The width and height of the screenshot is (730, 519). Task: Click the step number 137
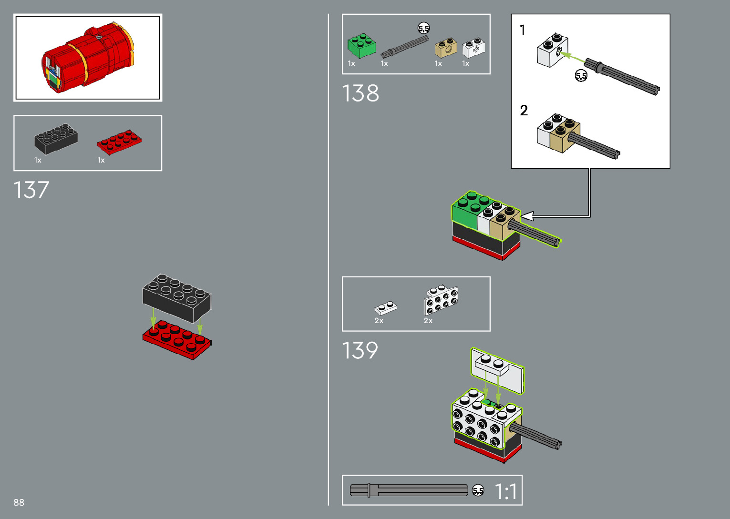pos(31,190)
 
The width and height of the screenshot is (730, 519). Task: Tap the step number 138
pos(360,93)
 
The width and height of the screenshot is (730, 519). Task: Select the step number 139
pos(360,351)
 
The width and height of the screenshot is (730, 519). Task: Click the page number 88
pos(19,502)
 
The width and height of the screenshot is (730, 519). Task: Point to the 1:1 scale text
pos(505,491)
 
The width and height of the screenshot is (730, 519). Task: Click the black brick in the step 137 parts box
pos(56,139)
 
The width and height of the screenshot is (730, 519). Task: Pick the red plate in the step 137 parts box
pos(119,142)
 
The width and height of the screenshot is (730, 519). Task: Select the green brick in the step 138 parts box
pos(361,46)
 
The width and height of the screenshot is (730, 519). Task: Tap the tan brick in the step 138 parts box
pos(446,48)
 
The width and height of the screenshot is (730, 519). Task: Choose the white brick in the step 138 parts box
pos(473,48)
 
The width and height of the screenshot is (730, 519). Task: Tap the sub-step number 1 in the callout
pos(523,31)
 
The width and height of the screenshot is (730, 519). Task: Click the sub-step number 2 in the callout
pos(524,111)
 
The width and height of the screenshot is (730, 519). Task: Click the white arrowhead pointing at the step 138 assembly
pos(527,217)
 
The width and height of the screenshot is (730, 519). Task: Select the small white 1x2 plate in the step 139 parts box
pos(386,308)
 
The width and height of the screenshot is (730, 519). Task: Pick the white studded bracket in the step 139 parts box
pos(442,299)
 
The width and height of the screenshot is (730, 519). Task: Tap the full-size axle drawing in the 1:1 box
pos(409,490)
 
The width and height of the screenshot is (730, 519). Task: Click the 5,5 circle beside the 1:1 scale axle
pos(478,490)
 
